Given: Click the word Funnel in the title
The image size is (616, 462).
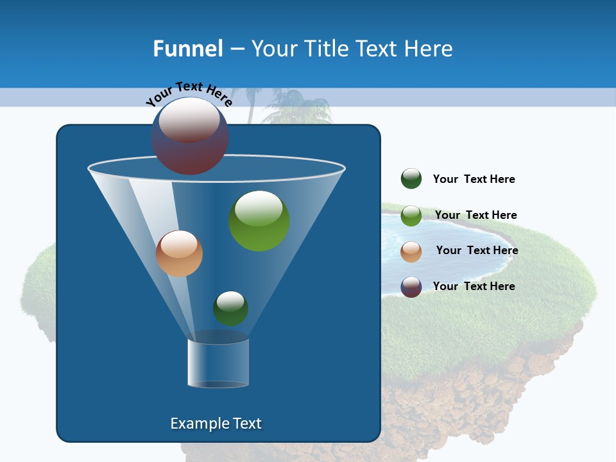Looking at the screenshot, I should tap(187, 49).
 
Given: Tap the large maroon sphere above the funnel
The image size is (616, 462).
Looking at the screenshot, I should tap(190, 136).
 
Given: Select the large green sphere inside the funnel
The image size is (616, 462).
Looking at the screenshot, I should tap(259, 221).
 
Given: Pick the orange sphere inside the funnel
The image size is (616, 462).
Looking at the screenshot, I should tap(179, 253).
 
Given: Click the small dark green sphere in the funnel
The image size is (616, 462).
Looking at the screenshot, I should tap(230, 308).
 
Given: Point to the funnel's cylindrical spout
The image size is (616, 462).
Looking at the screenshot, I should tap(218, 363).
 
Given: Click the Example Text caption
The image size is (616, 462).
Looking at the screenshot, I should tap(216, 424).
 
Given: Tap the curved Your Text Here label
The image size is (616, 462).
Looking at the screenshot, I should tap(189, 93).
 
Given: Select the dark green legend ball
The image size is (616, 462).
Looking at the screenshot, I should tap(411, 179).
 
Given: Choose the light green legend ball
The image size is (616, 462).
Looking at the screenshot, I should tap(411, 216).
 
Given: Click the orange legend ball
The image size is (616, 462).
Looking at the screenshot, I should tap(411, 252).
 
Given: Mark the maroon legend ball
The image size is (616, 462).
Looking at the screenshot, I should tap(411, 287).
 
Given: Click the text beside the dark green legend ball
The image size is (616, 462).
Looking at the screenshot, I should tap(474, 180).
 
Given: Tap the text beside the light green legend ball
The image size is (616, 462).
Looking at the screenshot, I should tap(475, 215).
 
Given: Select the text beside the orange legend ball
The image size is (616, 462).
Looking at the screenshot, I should tap(477, 250).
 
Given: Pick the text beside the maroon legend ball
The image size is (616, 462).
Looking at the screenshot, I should tap(474, 286).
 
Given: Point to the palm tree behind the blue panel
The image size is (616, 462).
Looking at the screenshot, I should tap(296, 107).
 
